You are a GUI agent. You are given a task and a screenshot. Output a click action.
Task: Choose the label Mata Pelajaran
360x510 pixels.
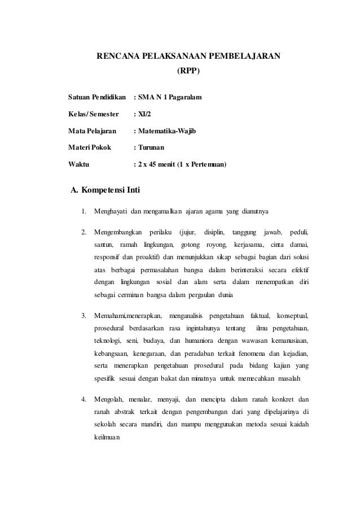92,132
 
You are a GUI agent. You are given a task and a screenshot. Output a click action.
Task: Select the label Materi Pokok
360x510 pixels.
90,149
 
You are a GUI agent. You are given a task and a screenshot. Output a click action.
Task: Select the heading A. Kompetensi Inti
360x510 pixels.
104,189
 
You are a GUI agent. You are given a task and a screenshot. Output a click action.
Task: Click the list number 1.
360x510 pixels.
84,212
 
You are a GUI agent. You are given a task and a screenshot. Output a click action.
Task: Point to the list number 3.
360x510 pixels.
84,315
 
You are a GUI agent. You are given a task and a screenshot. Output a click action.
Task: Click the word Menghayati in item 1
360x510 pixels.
111,212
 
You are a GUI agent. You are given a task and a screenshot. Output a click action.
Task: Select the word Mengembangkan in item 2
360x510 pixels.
118,232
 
